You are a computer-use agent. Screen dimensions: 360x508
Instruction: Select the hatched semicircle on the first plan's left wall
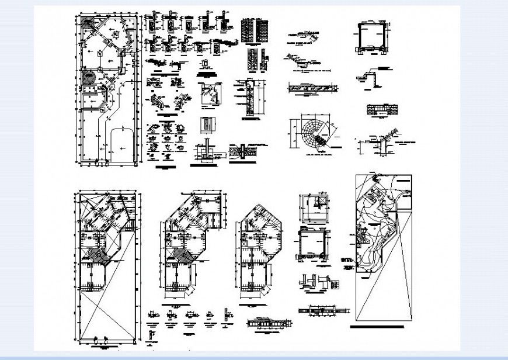tap(89, 77)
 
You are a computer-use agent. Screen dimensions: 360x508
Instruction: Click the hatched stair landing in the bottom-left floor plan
tap(93, 255)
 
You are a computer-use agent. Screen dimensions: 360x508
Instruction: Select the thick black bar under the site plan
tap(382, 328)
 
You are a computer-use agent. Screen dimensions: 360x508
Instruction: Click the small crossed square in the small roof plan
tap(320, 202)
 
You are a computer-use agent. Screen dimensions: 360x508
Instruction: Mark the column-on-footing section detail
tap(204, 152)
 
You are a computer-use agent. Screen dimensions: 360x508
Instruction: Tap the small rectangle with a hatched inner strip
tap(207, 124)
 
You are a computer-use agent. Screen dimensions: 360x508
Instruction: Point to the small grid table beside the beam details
tap(336, 285)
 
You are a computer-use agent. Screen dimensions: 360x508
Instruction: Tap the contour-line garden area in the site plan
tap(377, 228)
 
